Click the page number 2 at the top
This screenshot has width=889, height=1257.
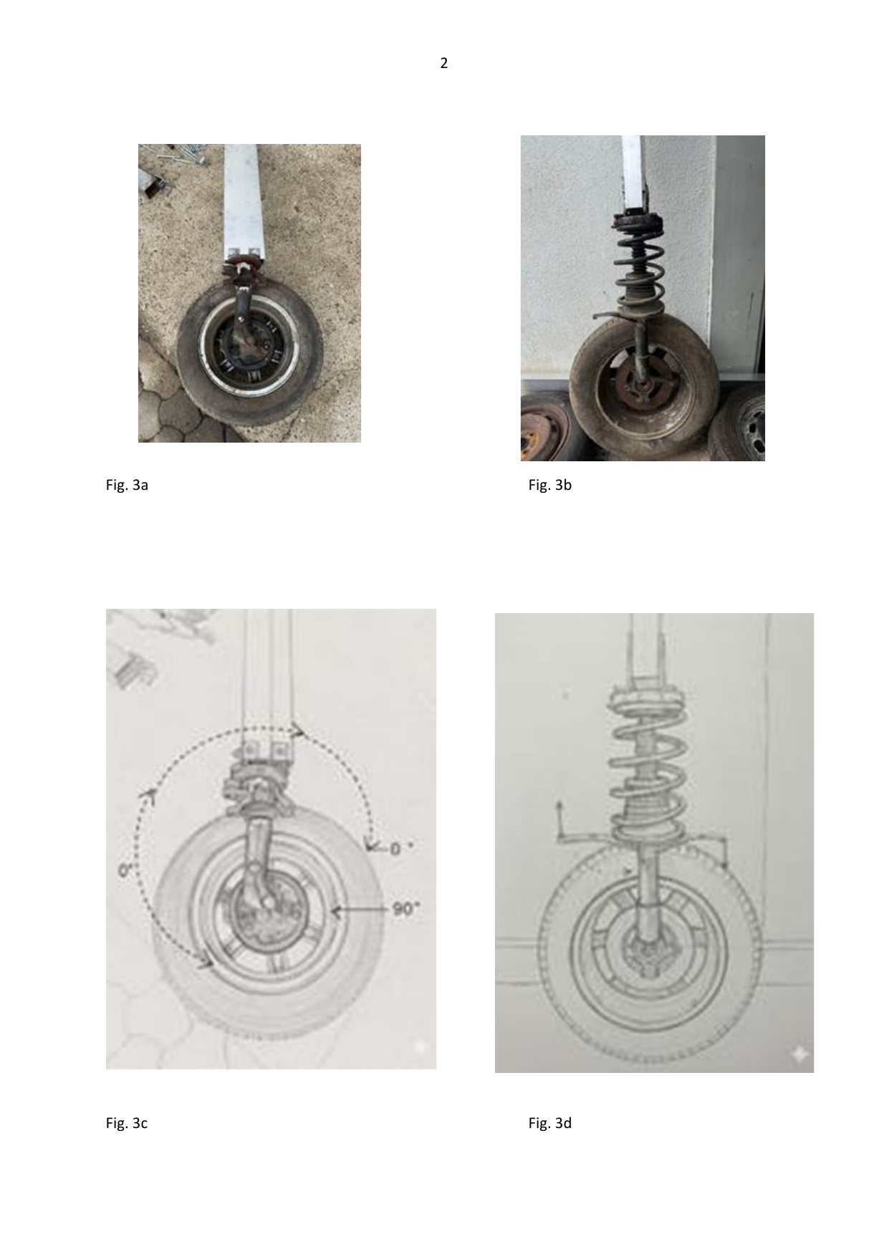click(x=444, y=64)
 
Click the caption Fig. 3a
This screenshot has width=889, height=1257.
click(x=127, y=485)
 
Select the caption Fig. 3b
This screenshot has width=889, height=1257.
click(x=550, y=485)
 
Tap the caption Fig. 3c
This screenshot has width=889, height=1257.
click(x=127, y=1123)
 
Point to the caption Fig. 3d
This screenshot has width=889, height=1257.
click(x=550, y=1123)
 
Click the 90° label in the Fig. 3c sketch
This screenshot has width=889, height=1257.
click(x=405, y=909)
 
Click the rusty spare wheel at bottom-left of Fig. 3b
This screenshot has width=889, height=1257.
click(x=544, y=428)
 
